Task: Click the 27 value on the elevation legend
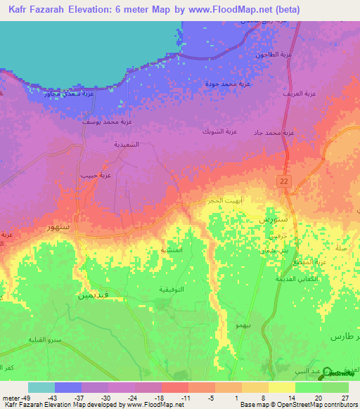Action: [345, 398]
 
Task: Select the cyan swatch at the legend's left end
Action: [41, 387]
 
